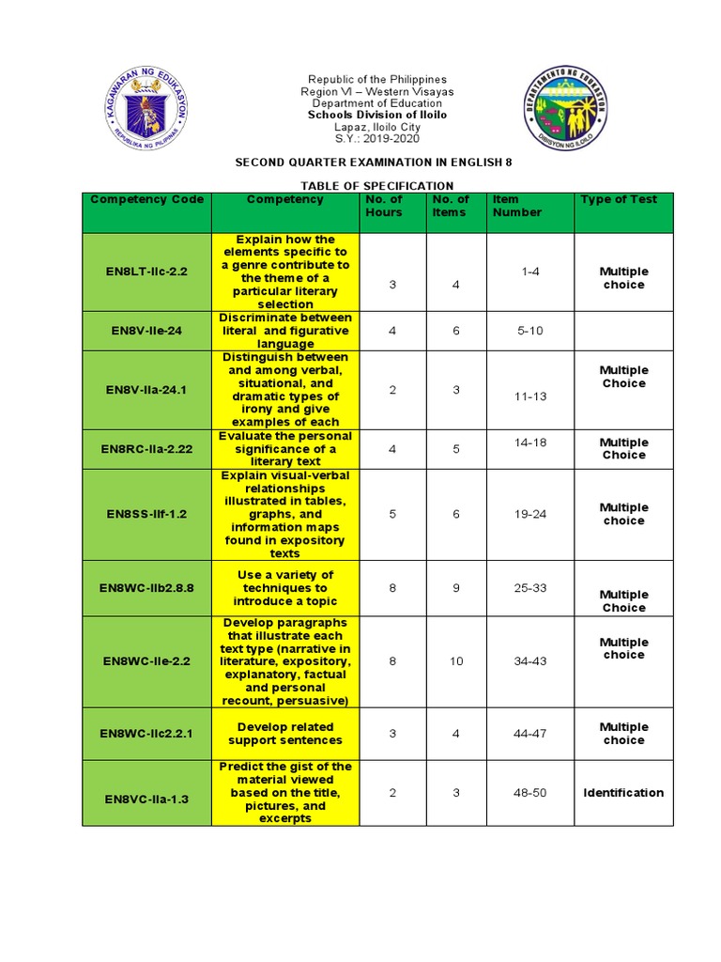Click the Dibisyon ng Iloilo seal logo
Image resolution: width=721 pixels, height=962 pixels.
click(572, 116)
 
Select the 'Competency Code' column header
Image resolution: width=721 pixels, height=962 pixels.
click(146, 199)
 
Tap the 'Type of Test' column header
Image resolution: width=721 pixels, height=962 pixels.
click(619, 199)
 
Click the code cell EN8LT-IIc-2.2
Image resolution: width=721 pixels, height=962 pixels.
click(146, 272)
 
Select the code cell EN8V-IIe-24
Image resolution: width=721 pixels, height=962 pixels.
click(146, 331)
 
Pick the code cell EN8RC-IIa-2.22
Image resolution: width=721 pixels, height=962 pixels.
click(146, 449)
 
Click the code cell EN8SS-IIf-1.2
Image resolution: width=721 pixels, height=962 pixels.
click(146, 514)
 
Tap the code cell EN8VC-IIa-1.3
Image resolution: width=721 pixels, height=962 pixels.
click(146, 799)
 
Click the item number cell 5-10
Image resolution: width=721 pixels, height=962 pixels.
click(530, 331)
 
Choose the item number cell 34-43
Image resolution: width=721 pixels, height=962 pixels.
click(530, 661)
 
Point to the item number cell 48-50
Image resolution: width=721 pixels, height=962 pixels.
click(530, 793)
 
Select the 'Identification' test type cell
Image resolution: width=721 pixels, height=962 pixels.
click(623, 793)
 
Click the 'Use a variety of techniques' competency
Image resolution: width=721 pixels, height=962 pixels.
click(284, 588)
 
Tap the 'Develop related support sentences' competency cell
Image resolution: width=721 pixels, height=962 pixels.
click(284, 734)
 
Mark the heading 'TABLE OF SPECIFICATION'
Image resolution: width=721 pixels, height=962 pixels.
click(376, 186)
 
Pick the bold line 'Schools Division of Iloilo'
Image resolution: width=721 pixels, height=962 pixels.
click(376, 115)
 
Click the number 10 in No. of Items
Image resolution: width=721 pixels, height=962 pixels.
click(456, 661)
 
